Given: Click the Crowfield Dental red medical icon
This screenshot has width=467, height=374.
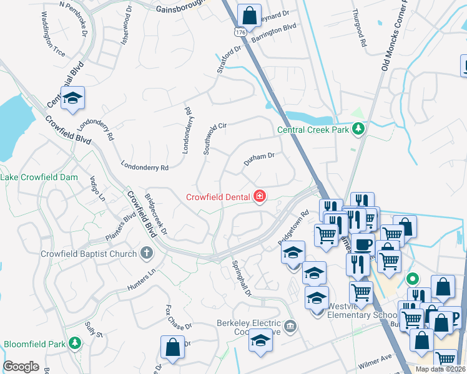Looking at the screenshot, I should point(259,197).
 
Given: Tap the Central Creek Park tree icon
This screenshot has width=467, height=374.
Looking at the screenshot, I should point(358,129).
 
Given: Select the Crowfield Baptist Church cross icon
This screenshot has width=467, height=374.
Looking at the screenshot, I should point(146,253).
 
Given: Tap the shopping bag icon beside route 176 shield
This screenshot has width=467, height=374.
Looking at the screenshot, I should point(249,16).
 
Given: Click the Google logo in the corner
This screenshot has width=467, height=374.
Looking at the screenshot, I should point(21,367).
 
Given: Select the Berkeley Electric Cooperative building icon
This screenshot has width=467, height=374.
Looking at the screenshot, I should point(289,326).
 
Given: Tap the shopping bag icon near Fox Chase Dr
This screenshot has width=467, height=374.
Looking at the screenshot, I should point(172,347).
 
